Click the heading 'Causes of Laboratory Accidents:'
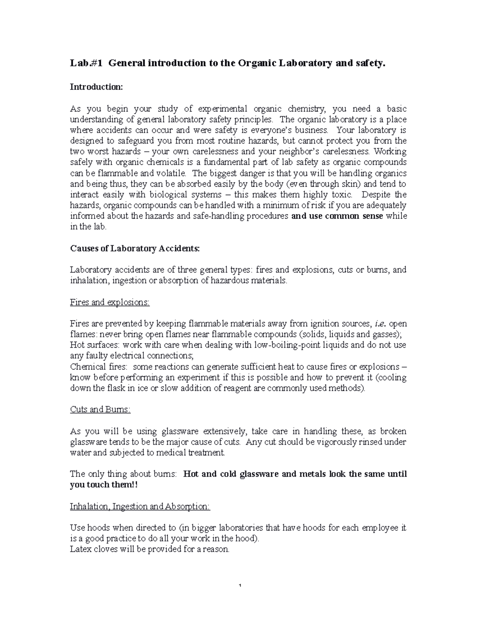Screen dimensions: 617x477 point(135,248)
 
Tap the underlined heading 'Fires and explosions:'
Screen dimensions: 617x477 point(110,302)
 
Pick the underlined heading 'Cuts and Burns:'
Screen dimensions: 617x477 point(100,410)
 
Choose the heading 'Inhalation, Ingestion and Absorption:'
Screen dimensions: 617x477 point(140,507)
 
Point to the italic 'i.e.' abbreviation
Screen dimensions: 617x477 point(381,324)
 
